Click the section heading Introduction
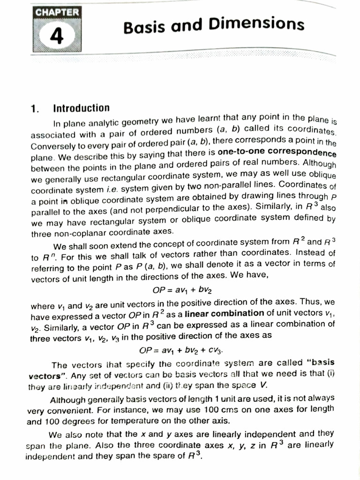81,108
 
